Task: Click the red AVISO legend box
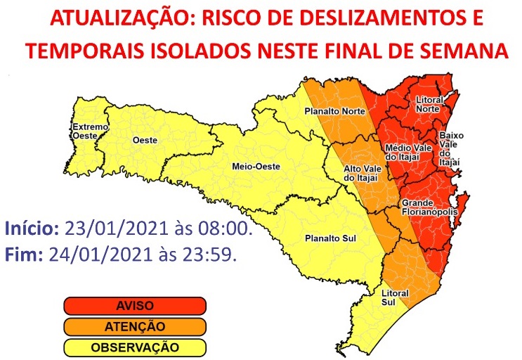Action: pos(134,306)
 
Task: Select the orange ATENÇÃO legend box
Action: pos(134,326)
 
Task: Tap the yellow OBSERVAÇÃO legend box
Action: pos(134,347)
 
